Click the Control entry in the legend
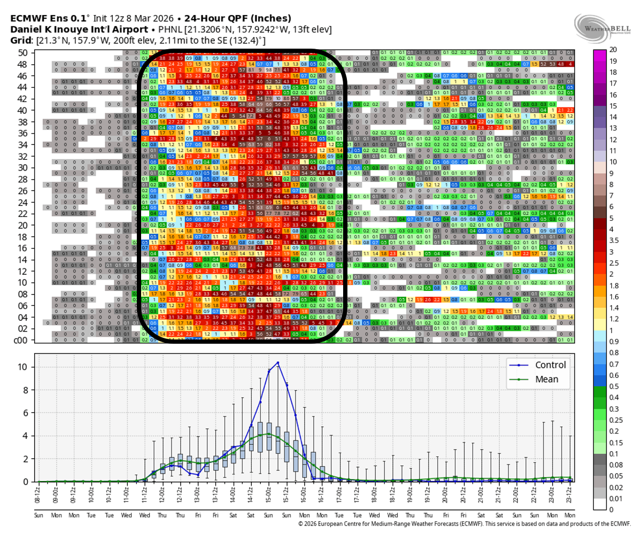click(550, 365)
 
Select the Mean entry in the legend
click(546, 379)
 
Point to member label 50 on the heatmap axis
click(22, 52)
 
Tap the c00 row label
click(21, 341)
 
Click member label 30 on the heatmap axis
click(22, 167)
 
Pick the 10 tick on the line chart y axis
click(22, 367)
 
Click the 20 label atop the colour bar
click(613, 50)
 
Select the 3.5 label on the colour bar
click(615, 241)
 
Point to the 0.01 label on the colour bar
click(616, 499)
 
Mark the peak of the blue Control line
click(277, 362)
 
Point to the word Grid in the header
click(20, 41)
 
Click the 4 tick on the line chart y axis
click(25, 436)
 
